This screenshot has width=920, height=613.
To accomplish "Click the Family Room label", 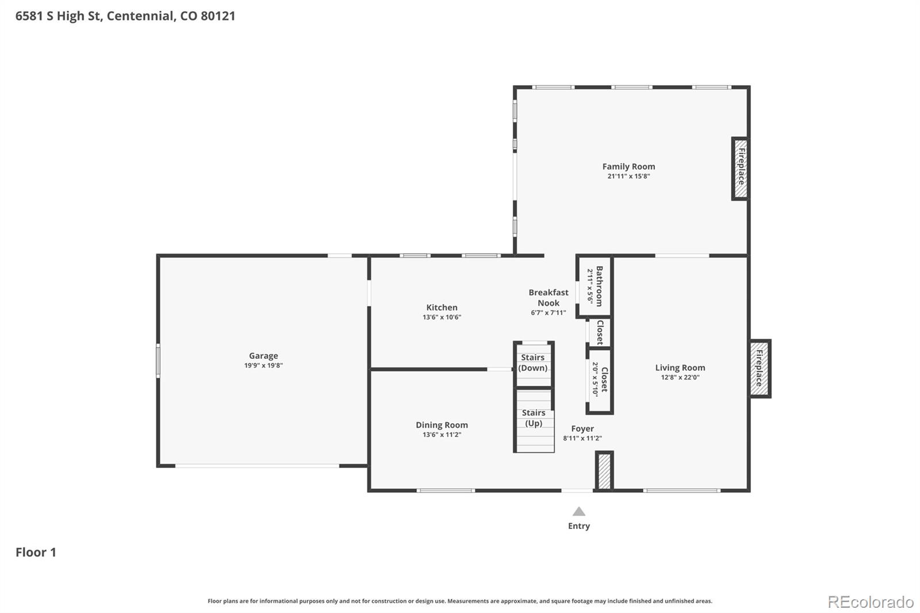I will click(628, 167).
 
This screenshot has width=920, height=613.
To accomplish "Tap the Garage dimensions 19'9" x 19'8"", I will click(263, 366).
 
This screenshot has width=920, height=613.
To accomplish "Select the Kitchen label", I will click(442, 308).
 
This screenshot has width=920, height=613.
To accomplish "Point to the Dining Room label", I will click(442, 425).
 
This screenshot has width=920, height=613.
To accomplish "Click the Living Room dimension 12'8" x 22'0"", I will click(680, 378).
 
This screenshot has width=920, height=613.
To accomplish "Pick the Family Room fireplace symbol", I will click(741, 168).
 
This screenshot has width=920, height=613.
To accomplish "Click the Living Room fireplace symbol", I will click(760, 369).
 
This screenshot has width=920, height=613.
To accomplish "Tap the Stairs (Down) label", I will click(533, 363).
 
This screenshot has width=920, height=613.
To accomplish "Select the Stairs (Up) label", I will click(534, 418).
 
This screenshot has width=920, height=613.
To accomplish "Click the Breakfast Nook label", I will click(549, 298).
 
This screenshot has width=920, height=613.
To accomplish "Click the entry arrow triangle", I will click(579, 511).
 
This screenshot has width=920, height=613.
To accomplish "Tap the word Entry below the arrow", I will click(579, 526).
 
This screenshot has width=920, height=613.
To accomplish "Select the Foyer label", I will click(582, 428).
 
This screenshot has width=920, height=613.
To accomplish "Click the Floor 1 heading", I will click(36, 553).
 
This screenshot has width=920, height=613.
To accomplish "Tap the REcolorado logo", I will click(871, 602).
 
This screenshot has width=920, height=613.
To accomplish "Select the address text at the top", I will click(125, 16).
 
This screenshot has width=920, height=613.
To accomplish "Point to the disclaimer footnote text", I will click(459, 601).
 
